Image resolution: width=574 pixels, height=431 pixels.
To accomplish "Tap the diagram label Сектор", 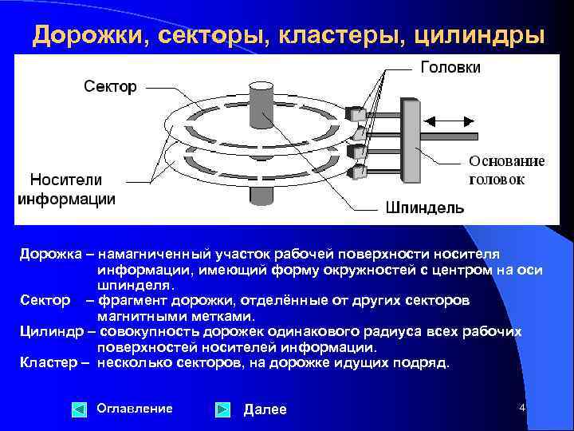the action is point(111,86).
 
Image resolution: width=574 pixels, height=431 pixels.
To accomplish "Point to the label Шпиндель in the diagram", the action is point(424,208).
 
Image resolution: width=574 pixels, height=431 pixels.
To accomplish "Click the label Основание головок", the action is point(506,170).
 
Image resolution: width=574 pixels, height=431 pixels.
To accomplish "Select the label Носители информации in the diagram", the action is point(66,188).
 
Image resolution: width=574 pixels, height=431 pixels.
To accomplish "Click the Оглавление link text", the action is point(134,409).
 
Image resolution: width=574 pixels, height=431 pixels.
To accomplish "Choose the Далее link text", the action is point(265,409).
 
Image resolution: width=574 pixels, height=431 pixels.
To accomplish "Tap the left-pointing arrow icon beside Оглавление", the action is point(79,410).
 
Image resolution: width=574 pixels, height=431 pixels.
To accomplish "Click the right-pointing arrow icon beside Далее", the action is point(224,410).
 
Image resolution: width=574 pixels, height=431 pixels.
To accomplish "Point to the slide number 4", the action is point(522,408).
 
